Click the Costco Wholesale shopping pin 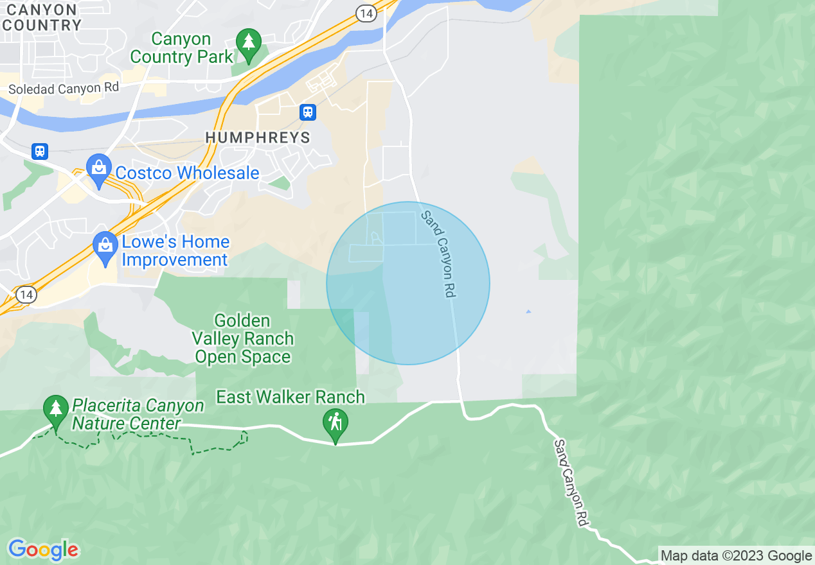98,169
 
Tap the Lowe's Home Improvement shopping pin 105,246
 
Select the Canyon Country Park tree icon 248,42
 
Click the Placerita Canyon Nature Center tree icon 56,409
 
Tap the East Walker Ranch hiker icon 335,423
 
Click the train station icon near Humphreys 308,112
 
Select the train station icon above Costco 40,152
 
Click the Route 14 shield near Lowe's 26,295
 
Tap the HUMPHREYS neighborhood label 258,138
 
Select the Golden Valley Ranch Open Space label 243,339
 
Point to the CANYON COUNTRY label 41,17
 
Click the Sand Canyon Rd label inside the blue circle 438,254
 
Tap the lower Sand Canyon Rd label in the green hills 571,483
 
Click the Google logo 43,550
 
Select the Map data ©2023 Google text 737,556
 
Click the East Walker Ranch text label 291,397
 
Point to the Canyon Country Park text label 181,48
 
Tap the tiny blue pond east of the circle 528,312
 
